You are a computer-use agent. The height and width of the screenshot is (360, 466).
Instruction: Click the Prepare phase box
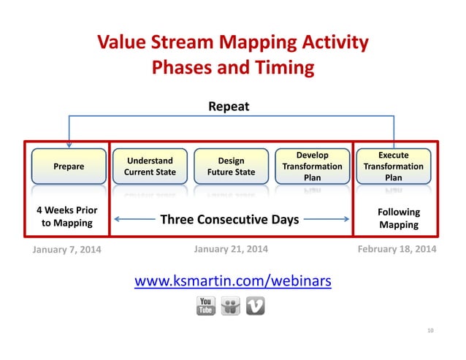click(69, 166)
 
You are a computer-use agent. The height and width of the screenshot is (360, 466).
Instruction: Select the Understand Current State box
click(149, 166)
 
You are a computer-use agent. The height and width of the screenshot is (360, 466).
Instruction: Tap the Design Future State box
click(231, 166)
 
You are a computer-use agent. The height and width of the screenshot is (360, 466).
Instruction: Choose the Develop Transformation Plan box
click(312, 166)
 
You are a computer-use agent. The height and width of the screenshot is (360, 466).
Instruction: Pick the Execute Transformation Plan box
click(393, 166)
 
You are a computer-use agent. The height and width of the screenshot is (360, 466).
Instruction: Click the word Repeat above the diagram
click(229, 107)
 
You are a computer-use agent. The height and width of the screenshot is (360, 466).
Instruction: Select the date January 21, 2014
click(231, 249)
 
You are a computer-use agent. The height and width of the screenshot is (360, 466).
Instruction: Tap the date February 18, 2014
click(397, 249)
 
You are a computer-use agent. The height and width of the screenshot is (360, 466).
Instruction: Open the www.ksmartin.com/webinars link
click(232, 280)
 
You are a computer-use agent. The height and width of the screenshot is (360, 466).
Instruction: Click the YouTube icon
click(206, 306)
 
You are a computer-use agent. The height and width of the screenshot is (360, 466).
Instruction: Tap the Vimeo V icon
click(255, 306)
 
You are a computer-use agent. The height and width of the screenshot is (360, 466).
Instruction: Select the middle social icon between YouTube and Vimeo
click(231, 306)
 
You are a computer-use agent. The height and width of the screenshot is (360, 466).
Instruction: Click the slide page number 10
click(430, 332)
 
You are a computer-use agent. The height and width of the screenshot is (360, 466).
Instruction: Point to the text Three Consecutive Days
click(229, 219)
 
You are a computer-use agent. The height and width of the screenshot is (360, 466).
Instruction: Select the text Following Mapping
click(398, 218)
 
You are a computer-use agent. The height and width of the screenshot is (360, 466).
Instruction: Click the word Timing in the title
click(282, 68)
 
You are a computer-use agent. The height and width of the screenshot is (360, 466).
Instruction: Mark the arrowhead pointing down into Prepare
click(69, 145)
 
